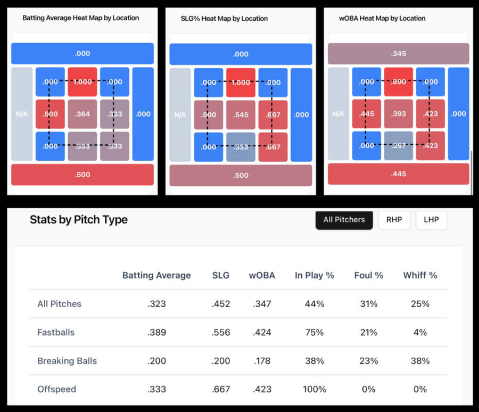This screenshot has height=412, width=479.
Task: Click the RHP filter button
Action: (394, 219)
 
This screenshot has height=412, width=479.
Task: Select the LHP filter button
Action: (431, 219)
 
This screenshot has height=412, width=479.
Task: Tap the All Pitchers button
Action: (344, 219)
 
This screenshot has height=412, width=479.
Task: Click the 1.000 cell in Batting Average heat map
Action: (82, 82)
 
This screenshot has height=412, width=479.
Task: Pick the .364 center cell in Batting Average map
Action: (82, 114)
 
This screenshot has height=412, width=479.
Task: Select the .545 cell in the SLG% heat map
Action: (241, 114)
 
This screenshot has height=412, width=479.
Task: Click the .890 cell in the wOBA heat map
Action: (399, 82)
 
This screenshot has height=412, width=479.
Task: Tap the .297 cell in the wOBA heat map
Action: (399, 145)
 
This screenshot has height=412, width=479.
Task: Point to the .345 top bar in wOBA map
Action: (399, 54)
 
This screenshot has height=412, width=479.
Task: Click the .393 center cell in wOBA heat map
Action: (399, 113)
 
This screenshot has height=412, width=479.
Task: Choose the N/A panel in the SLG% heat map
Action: (180, 114)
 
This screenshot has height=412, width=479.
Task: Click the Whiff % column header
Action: (420, 275)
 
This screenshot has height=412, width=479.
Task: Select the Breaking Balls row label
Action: (67, 361)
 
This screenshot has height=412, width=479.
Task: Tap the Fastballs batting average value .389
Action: (156, 332)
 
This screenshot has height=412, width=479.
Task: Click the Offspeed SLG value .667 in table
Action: (220, 389)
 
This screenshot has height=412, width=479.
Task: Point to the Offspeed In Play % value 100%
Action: (314, 389)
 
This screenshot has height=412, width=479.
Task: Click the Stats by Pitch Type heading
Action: (79, 219)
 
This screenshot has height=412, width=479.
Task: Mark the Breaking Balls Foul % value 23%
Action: (368, 361)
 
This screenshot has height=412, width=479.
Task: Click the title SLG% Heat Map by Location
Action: (224, 18)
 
